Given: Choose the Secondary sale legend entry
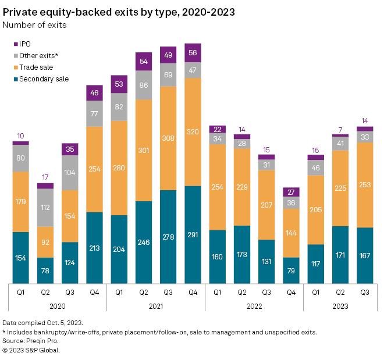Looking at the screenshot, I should click(x=44, y=79).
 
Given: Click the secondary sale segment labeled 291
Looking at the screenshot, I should click(x=193, y=234).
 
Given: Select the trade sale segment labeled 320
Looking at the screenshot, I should click(x=193, y=131).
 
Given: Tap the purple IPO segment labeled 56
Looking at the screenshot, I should click(x=193, y=51).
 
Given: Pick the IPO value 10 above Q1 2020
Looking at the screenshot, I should click(x=20, y=136).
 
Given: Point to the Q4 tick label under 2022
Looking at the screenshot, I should click(x=291, y=293).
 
